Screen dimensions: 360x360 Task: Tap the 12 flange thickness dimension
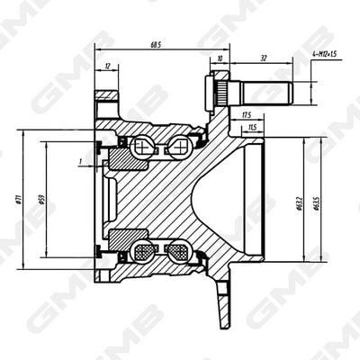click(x=109, y=66)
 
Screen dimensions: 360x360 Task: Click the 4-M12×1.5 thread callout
click(x=325, y=55)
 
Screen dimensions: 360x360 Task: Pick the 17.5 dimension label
click(x=245, y=115)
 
